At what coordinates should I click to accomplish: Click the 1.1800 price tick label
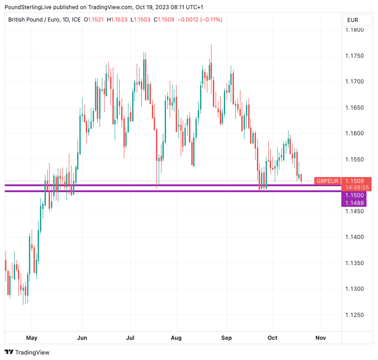354,30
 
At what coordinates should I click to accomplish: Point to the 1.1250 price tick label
354,315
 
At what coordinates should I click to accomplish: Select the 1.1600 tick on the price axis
354,133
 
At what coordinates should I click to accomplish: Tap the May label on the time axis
32,338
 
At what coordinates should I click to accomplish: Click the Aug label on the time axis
176,338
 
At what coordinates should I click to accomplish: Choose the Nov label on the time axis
321,338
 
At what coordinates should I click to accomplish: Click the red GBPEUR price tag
328,181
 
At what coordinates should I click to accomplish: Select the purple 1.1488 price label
354,203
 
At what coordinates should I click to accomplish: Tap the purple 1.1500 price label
354,195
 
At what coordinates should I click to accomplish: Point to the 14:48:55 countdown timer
357,188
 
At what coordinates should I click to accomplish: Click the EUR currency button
353,20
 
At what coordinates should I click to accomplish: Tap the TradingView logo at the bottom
27,352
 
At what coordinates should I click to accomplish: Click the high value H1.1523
117,20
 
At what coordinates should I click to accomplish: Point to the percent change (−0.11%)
209,20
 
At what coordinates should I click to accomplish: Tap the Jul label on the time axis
130,338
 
